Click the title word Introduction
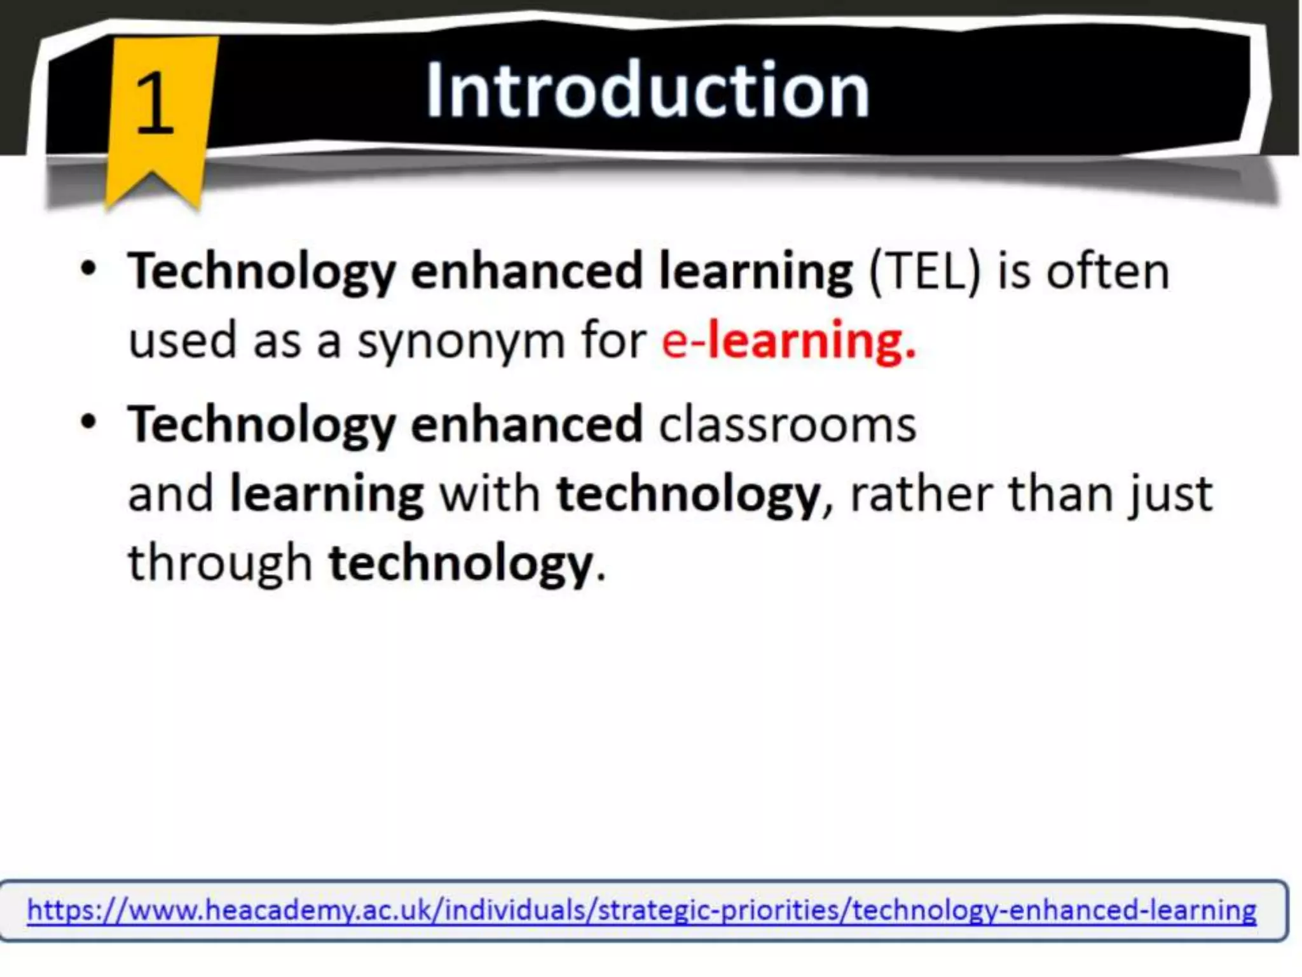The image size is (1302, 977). coord(647,90)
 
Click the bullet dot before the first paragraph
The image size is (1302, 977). coord(88,269)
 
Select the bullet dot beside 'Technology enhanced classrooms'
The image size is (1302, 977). coord(88,422)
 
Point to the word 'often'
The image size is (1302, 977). coord(1107,272)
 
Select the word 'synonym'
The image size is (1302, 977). coord(460,342)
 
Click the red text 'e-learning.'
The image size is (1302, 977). coord(788,341)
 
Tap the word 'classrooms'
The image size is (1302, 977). coord(787,424)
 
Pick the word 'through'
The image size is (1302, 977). coord(220,564)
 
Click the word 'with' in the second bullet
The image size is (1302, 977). coord(490,494)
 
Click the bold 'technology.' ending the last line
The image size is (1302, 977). coord(467,564)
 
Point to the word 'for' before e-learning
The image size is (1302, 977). coord(613,341)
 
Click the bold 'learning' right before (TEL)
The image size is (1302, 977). coord(755,272)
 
